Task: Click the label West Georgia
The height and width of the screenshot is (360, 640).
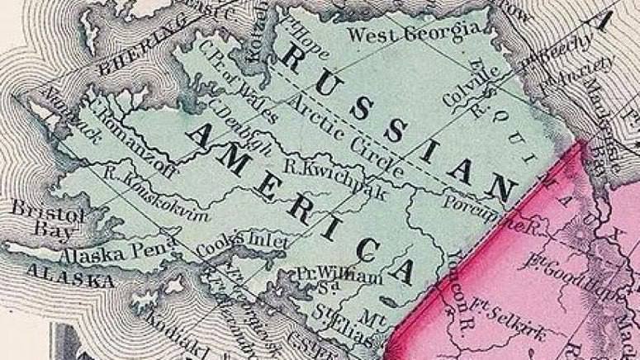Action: (415, 33)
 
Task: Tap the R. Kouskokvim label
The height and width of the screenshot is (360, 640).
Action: (156, 193)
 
